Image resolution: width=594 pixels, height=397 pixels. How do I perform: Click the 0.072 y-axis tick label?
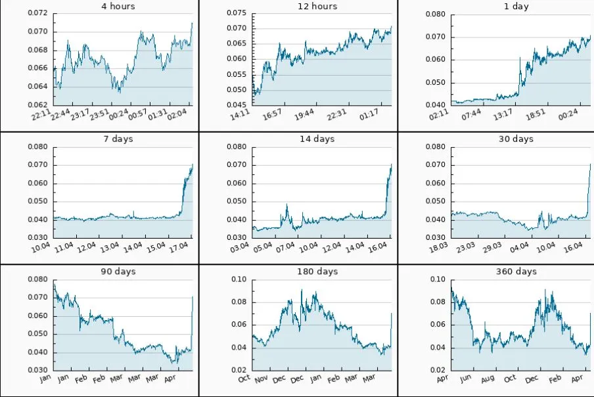click(x=37, y=13)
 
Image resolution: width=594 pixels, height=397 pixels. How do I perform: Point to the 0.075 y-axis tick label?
click(x=236, y=13)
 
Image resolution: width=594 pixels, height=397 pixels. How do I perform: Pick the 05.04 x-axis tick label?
click(x=262, y=248)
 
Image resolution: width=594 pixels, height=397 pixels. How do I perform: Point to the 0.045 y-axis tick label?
click(x=236, y=105)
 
